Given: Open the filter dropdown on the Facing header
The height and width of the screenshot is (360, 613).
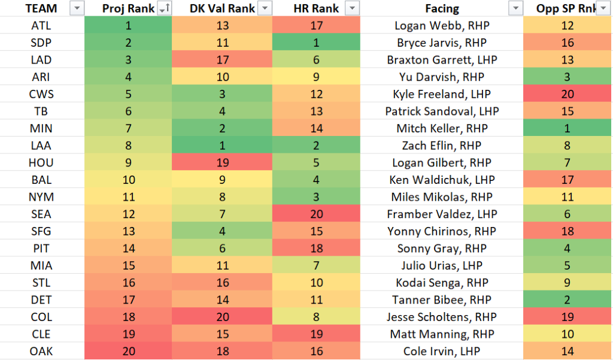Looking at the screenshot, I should [515, 8].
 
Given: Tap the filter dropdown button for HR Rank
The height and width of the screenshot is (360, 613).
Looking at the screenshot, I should [353, 8].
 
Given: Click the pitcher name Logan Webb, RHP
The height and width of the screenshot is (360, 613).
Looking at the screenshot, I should [442, 25].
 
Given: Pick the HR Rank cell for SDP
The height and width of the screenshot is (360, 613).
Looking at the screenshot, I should [315, 43].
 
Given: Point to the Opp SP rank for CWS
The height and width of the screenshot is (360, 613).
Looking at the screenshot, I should [567, 94].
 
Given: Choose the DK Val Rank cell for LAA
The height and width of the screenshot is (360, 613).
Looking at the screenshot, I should [221, 146].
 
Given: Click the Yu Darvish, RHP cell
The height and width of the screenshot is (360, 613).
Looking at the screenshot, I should [442, 77].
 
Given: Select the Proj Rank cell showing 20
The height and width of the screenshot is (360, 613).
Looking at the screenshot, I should [127, 352].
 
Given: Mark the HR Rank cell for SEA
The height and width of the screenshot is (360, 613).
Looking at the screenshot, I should [315, 214].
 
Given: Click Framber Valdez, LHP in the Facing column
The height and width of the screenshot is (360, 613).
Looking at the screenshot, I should [442, 214].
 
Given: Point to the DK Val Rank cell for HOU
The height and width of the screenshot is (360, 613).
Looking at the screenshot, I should [221, 163].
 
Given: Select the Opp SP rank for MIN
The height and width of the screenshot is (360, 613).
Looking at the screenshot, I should [567, 128].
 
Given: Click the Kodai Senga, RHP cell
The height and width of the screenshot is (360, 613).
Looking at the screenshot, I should [442, 283].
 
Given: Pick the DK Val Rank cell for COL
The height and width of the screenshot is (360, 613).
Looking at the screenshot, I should [221, 317].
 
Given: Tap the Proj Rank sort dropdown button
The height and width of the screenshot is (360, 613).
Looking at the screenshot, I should [163, 8].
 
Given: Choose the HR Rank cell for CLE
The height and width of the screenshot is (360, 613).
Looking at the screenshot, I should [315, 334].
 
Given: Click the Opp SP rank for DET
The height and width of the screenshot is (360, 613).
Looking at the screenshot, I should [567, 300].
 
